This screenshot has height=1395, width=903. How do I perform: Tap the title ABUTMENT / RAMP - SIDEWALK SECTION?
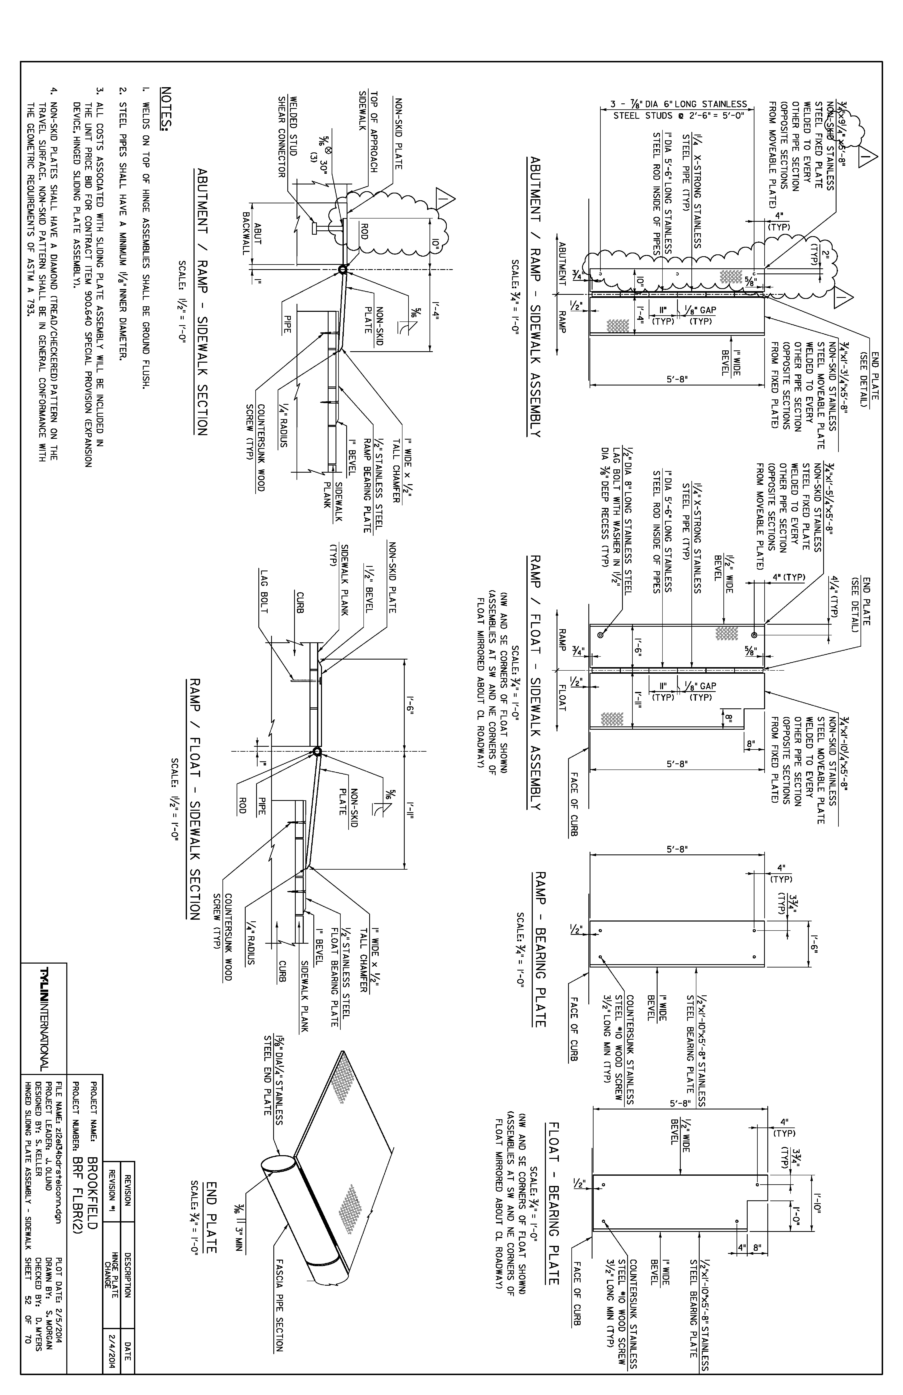(x=201, y=302)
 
